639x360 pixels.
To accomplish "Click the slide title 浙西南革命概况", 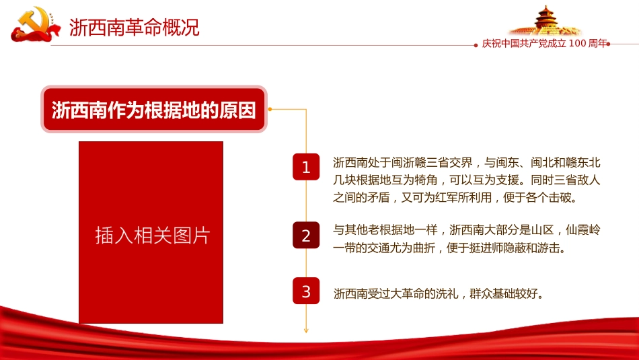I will (135, 27).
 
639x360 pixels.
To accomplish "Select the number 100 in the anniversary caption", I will (578, 44).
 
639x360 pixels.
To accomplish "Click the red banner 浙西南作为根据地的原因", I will (154, 110).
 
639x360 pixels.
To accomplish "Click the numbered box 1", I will (306, 167).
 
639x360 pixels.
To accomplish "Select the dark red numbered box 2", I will (306, 236).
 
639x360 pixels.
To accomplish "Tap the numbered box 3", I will (306, 291).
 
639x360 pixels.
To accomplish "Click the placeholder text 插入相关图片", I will (153, 236).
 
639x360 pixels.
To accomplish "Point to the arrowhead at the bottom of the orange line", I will (306, 330).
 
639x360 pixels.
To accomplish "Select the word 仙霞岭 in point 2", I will (583, 230).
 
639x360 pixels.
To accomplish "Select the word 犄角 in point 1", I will (426, 180).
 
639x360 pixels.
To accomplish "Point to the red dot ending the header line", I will (608, 44).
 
